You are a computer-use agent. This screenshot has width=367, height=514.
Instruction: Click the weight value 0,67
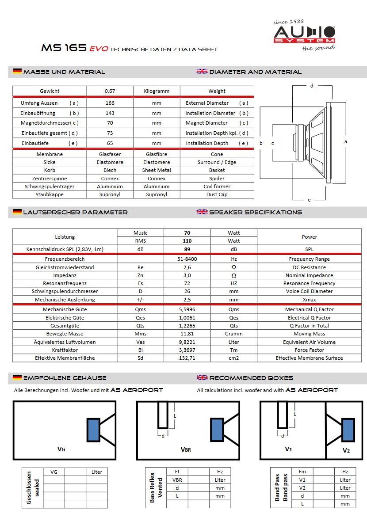pos(110,91)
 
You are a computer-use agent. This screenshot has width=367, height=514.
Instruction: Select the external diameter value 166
pos(110,103)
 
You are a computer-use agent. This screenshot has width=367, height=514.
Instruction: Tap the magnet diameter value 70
pos(110,123)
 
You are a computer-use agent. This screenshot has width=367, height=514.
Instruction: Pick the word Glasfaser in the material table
pos(110,154)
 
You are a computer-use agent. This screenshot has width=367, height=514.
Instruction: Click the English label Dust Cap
pos(217,194)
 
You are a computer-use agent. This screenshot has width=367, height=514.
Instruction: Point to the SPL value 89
pos(187,249)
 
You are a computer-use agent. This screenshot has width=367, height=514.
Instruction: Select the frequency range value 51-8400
pos(187,259)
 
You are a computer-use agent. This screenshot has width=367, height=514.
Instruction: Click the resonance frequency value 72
pos(187,283)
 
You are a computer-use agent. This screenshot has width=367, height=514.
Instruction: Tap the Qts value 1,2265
pos(187,326)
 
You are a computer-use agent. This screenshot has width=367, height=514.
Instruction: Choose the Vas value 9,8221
pos(187,342)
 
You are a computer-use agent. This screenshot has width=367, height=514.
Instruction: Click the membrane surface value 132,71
pos(187,358)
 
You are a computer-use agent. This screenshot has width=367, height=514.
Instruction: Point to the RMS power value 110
pos(187,241)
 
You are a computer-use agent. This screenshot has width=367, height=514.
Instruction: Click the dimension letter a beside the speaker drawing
pos(345,141)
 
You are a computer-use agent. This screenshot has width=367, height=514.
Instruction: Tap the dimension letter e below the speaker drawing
pos(309,200)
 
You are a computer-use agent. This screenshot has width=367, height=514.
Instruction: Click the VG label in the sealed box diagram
pos(61,449)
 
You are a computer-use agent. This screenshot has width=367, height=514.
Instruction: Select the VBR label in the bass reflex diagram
pos(186,449)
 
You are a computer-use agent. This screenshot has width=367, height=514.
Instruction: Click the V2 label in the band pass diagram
pos(346,451)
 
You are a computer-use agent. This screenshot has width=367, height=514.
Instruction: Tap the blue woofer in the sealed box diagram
pos(93,429)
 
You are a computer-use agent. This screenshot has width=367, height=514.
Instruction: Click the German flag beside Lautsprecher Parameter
pos(17,212)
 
